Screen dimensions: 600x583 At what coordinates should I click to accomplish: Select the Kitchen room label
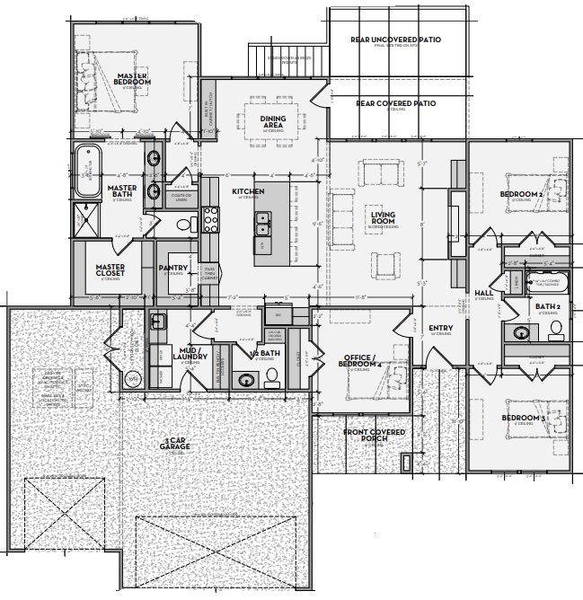(x=247, y=191)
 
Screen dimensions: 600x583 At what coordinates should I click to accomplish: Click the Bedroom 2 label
(x=520, y=194)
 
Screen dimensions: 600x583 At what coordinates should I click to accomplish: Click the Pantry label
(x=172, y=267)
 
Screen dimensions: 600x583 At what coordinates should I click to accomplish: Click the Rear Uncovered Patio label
(x=395, y=40)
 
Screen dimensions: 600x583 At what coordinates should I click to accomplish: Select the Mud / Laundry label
(x=195, y=356)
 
